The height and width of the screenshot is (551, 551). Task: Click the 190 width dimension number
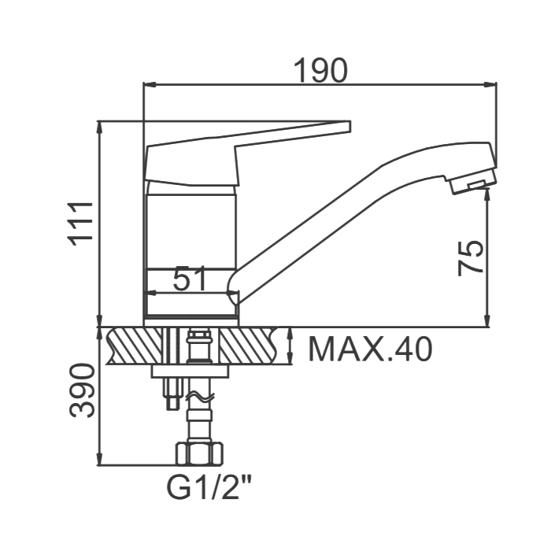[320, 70]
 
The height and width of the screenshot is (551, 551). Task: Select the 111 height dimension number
[81, 224]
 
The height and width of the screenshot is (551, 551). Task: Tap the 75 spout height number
[471, 258]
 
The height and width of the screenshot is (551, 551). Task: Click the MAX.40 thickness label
[370, 349]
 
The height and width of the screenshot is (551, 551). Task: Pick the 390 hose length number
[82, 390]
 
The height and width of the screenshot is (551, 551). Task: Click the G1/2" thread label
[209, 487]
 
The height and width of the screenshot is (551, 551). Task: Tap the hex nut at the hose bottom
[199, 454]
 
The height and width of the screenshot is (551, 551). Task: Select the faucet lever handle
[247, 153]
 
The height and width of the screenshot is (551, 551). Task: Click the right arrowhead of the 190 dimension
[490, 84]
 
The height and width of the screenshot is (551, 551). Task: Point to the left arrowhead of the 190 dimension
[150, 84]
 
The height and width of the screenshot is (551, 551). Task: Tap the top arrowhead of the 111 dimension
[100, 127]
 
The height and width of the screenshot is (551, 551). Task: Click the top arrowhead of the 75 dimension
[487, 194]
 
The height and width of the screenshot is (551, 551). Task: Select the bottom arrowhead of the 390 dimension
[100, 459]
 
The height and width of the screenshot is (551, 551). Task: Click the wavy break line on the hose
[200, 398]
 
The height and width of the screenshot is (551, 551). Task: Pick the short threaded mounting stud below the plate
[172, 394]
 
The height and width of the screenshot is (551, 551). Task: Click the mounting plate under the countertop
[190, 372]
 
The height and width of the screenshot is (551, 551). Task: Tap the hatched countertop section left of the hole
[135, 346]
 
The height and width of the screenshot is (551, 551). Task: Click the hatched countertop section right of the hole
[249, 346]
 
